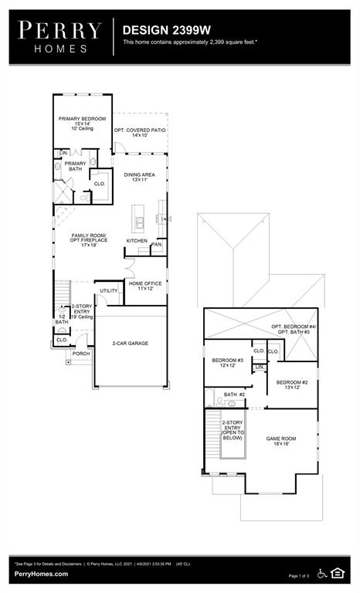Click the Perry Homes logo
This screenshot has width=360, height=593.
pyautogui.click(x=60, y=36)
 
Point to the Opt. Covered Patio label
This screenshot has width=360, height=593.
pyautogui.click(x=140, y=132)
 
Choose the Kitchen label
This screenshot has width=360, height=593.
pyautogui.click(x=137, y=241)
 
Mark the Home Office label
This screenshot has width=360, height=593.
pyautogui.click(x=145, y=286)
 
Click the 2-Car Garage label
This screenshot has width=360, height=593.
pyautogui.click(x=130, y=343)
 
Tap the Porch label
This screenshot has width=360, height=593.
pyautogui.click(x=81, y=354)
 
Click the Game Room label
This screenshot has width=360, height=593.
pyautogui.click(x=281, y=442)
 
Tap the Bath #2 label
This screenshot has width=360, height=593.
pyautogui.click(x=234, y=395)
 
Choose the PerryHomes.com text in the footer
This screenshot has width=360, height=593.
pyautogui.click(x=40, y=574)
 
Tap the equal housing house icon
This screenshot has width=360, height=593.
pyautogui.click(x=338, y=572)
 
